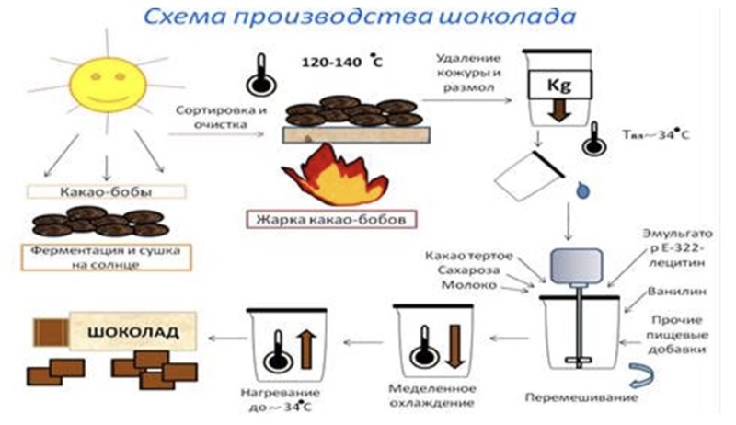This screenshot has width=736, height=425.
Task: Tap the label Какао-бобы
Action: [106, 192]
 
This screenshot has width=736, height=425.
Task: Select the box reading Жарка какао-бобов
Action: [331, 220]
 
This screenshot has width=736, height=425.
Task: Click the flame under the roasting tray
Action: [335, 177]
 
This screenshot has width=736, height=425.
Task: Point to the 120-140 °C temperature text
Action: [341, 62]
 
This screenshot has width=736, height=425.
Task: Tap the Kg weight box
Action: [559, 85]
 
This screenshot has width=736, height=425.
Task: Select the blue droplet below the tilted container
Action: [582, 190]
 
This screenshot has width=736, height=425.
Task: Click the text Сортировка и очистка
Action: [221, 117]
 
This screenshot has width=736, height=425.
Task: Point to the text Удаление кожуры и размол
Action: [468, 73]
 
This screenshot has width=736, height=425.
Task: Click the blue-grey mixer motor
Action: [577, 266]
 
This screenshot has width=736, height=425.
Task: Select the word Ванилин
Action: [677, 292]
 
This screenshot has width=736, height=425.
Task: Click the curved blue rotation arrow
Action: [642, 375]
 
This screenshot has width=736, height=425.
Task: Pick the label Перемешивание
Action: [581, 397]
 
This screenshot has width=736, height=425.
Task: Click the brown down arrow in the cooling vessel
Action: [454, 347]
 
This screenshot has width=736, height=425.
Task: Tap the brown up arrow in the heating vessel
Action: [307, 350]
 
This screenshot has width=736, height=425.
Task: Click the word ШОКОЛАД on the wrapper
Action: [133, 332]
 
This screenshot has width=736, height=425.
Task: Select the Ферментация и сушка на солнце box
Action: [106, 258]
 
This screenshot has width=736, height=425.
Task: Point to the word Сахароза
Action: [462, 270]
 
